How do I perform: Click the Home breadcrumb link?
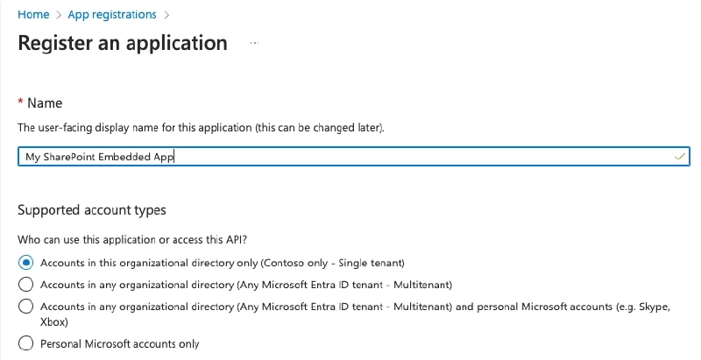tap(33, 15)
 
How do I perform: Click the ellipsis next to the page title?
tap(254, 43)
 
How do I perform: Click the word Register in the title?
tap(54, 43)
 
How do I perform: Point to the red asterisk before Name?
tap(20, 102)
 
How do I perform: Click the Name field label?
tap(45, 103)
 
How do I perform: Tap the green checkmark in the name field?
tap(679, 156)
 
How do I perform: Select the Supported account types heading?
tap(92, 210)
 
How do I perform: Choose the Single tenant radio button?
tap(26, 262)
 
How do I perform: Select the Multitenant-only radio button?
tap(26, 285)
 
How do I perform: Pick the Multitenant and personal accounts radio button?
tap(26, 307)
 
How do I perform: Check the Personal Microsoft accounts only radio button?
tap(26, 344)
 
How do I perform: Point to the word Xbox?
tap(54, 321)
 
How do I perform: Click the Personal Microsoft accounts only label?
tap(120, 344)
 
